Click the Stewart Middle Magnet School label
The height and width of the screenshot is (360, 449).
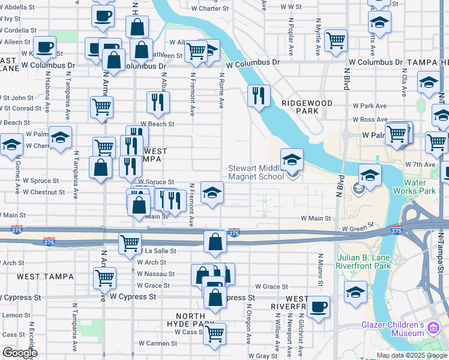(256, 172)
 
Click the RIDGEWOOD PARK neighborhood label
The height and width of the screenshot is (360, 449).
(306, 107)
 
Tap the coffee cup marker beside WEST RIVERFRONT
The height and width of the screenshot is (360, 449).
(318, 306)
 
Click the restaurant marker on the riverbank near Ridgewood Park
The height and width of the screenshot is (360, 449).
(259, 95)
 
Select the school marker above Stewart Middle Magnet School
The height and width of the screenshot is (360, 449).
(292, 160)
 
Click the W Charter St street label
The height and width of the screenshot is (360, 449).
(214, 8)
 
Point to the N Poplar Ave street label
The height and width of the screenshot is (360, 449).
(291, 42)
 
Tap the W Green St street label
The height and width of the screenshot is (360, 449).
(358, 228)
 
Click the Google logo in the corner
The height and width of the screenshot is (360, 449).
(19, 353)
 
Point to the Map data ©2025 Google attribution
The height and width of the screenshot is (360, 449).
(412, 355)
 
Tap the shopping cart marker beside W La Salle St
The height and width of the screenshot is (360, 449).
(129, 243)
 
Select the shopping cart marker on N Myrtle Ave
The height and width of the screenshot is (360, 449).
(336, 40)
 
